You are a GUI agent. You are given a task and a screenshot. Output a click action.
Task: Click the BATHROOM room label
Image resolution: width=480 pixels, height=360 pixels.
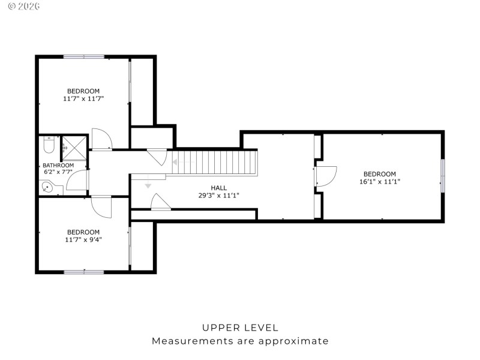[x=58, y=166]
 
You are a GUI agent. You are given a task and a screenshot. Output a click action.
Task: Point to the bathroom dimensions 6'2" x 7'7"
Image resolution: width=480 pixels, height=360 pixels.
[x=58, y=173]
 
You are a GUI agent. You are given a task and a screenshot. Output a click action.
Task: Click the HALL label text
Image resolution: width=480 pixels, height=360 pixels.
[x=218, y=188]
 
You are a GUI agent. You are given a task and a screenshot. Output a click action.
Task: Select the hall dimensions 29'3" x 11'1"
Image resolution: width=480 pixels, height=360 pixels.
[x=218, y=196]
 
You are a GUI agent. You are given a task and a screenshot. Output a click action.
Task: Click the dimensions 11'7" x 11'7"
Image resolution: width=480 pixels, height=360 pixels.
[x=83, y=98]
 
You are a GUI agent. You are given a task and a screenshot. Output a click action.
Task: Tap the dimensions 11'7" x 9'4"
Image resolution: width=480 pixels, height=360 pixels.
[x=83, y=239]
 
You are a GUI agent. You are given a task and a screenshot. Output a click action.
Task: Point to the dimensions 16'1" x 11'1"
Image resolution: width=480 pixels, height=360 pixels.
[x=379, y=181]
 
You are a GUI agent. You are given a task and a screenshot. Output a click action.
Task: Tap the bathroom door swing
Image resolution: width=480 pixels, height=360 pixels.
[x=77, y=181]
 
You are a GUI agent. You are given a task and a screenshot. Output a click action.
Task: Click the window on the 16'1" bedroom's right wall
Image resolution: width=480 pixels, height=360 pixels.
[x=443, y=176]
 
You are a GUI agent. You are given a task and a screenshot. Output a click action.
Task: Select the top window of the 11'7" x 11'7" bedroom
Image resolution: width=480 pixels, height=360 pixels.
[x=84, y=56]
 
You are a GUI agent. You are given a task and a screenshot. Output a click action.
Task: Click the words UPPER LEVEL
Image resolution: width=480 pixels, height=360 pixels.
[x=240, y=328]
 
